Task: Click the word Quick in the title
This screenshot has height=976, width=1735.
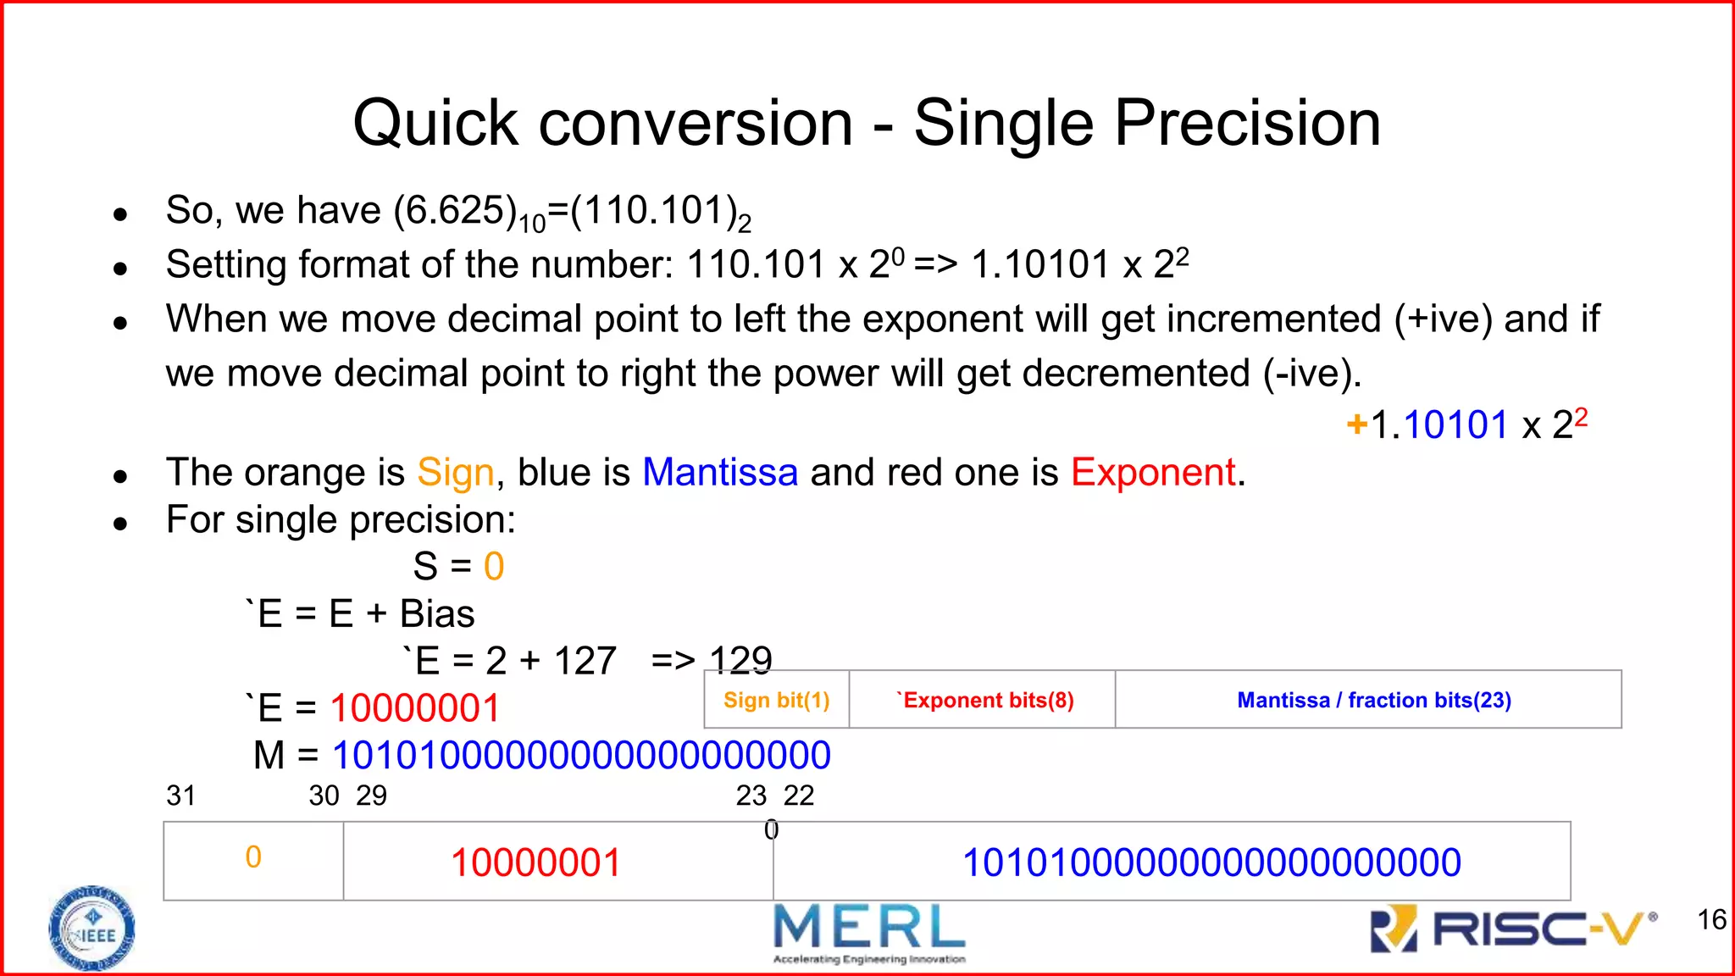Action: [434, 124]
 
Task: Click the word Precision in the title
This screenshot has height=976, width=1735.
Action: [1247, 124]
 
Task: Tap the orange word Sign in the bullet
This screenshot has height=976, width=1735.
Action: [455, 473]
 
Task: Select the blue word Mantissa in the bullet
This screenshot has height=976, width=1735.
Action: [720, 473]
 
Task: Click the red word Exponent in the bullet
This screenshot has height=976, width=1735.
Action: [1153, 473]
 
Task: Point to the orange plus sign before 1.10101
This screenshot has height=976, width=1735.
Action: [1356, 424]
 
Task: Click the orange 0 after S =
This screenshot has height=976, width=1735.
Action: [494, 567]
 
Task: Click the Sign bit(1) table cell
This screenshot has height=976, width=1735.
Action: [776, 700]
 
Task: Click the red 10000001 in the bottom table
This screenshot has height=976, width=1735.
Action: [535, 863]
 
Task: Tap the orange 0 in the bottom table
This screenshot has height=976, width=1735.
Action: [253, 857]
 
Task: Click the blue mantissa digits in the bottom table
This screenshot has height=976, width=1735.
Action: [1211, 863]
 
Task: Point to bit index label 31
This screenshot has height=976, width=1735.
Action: [181, 796]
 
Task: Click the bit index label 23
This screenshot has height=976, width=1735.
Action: [751, 796]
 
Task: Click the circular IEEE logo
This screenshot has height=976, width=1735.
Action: [91, 929]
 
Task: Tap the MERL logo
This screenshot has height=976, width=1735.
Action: [869, 932]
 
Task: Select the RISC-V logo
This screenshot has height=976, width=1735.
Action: [1513, 929]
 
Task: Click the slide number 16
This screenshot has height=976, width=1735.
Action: [1711, 919]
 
